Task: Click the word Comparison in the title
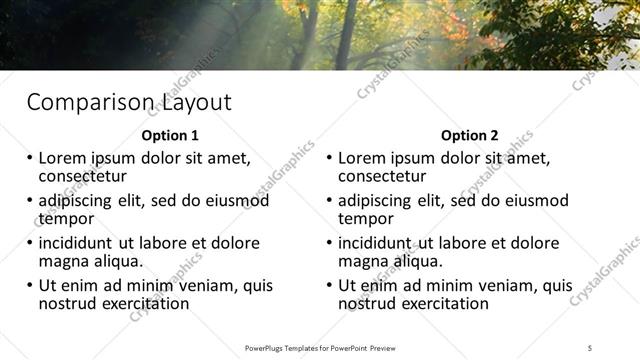coord(88,103)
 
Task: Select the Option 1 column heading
coord(170,135)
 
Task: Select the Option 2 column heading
coord(469,135)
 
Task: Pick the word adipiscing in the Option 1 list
coord(79,200)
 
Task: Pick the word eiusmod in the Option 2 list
coord(540,200)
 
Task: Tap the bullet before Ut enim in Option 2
coord(328,285)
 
